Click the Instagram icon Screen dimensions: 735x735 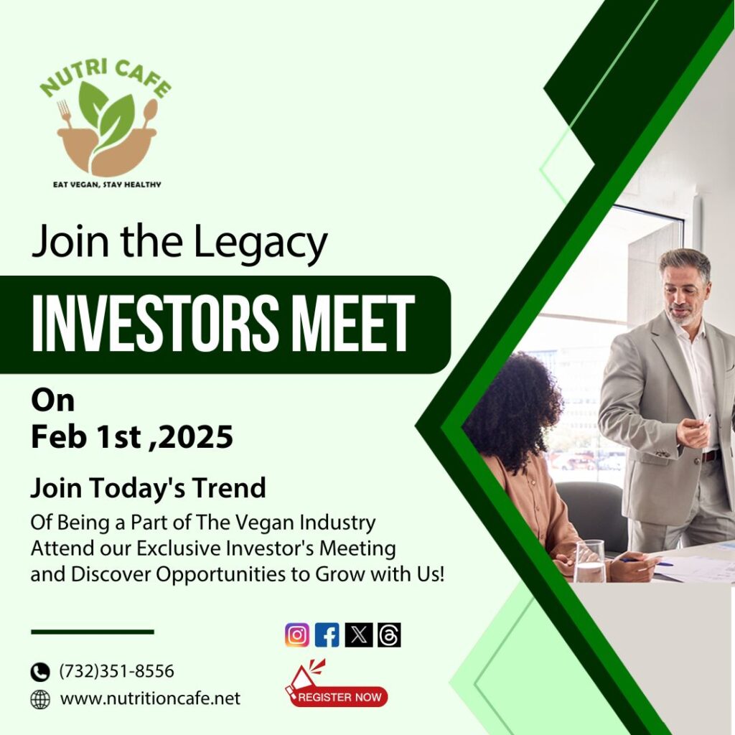click(297, 635)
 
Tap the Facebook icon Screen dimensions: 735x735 click(327, 635)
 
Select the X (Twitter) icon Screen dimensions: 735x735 click(359, 635)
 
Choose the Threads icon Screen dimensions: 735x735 click(389, 635)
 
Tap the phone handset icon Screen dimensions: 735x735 click(40, 672)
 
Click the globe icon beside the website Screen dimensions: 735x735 click(40, 699)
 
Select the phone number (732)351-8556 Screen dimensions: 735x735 click(117, 671)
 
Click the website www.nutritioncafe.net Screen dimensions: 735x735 click(151, 698)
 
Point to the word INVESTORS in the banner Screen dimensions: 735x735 click(152, 324)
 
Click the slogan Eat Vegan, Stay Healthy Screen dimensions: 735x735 click(108, 184)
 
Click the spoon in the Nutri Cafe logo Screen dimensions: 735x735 click(150, 113)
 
